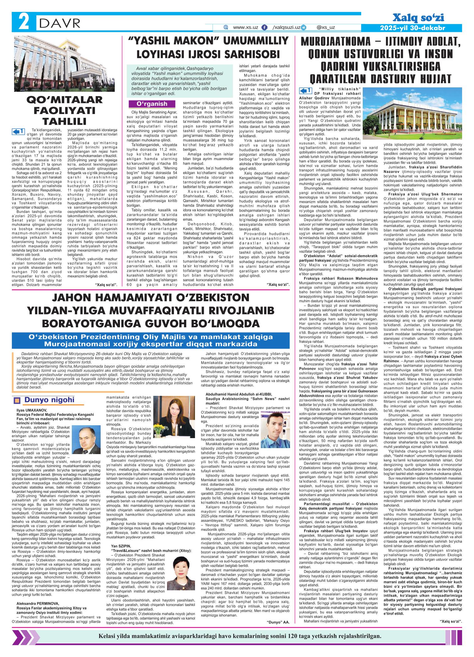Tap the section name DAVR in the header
coord(58,23)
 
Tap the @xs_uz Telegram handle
coord(326,28)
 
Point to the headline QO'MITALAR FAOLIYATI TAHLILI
coord(64,110)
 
